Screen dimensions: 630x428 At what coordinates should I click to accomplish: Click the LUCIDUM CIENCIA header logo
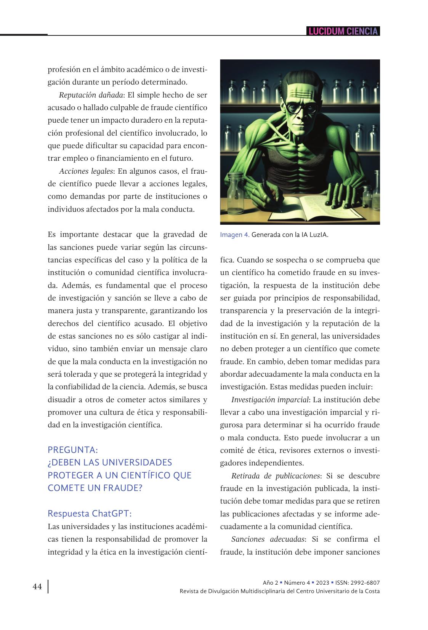point(343,31)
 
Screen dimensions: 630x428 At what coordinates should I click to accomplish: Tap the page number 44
point(37,587)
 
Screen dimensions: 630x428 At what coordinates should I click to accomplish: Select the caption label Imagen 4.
point(234,235)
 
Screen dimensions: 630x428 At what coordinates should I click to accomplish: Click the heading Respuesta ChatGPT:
point(90,513)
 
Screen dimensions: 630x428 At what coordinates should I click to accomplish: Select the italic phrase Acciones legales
point(86,171)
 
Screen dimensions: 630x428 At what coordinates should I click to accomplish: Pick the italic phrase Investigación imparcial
point(270,400)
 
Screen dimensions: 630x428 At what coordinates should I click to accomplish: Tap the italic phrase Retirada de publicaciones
point(275,476)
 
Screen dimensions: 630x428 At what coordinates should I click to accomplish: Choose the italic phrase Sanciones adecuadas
point(268,539)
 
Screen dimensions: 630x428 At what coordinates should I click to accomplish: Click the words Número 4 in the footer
point(297,583)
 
